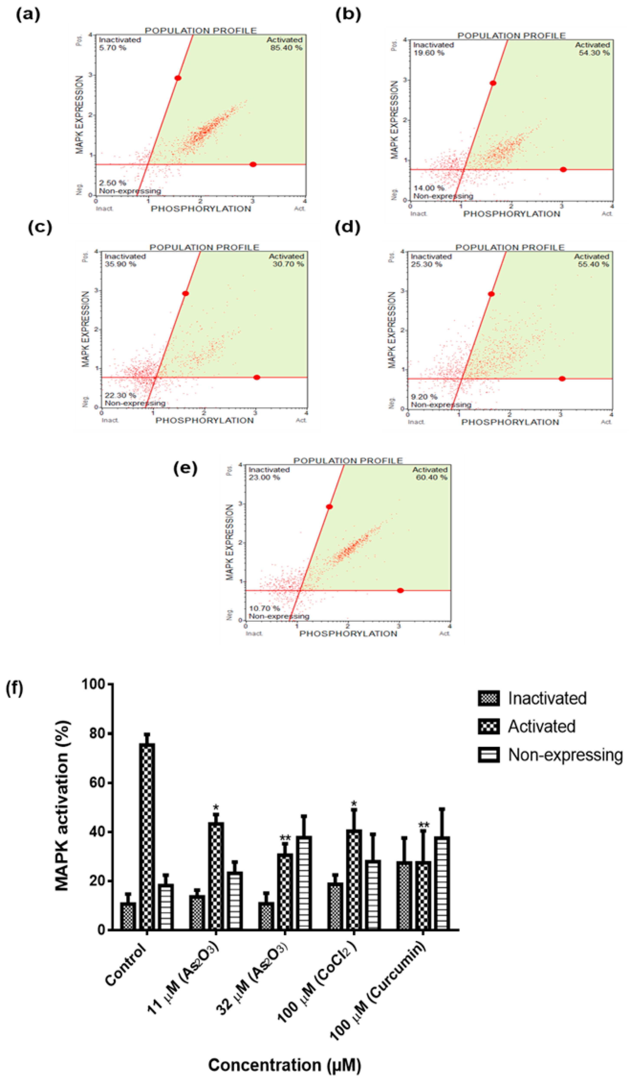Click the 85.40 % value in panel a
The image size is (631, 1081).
pyautogui.click(x=286, y=48)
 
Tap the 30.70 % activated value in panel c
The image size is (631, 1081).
pyautogui.click(x=288, y=264)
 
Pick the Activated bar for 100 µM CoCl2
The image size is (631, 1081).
pyautogui.click(x=354, y=879)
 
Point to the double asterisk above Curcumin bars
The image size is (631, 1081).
pyautogui.click(x=424, y=825)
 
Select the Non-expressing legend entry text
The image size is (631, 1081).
pyautogui.click(x=565, y=755)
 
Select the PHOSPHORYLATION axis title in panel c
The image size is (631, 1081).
pyautogui.click(x=204, y=420)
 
